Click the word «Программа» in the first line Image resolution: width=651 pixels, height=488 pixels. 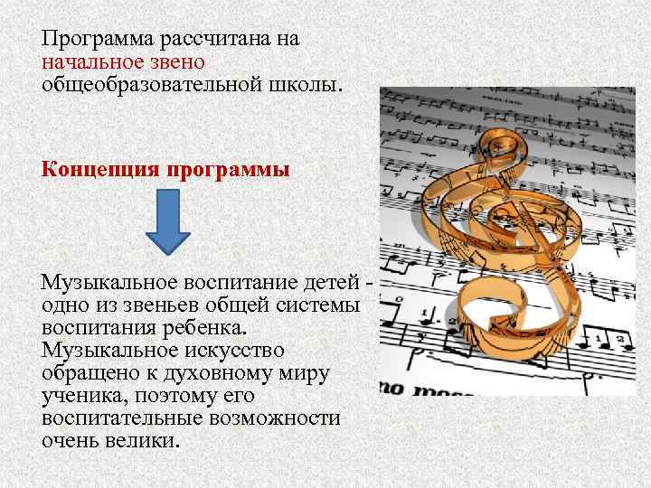click(x=97, y=41)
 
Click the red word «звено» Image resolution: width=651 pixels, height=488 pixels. click(x=180, y=62)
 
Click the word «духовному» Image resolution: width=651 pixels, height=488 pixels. click(x=230, y=372)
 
